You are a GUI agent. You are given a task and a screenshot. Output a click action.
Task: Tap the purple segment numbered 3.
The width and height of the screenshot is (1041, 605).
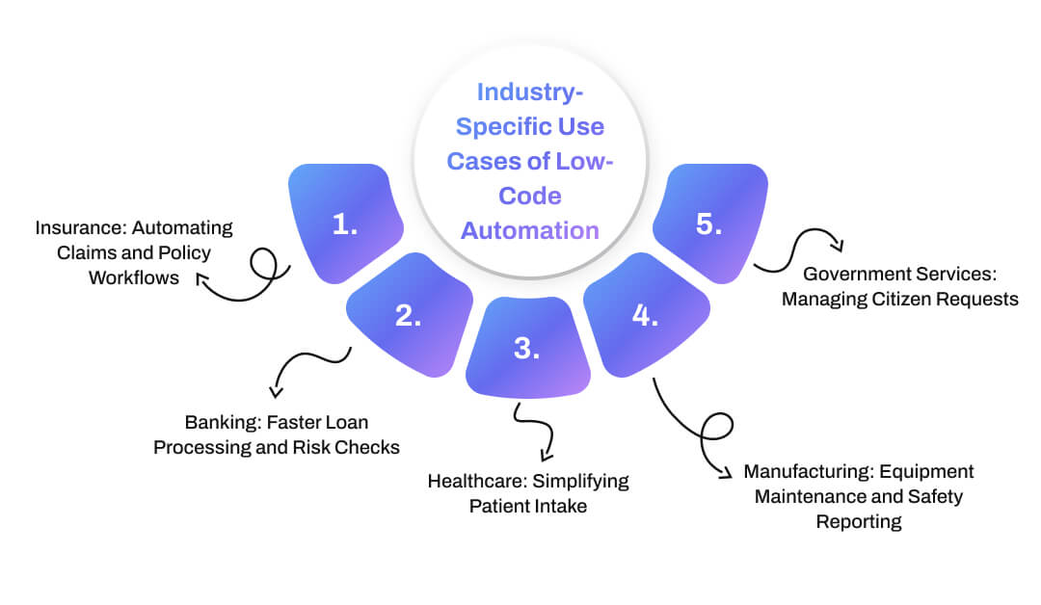click(526, 349)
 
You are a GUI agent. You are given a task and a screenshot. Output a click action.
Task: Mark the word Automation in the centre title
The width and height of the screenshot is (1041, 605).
click(529, 231)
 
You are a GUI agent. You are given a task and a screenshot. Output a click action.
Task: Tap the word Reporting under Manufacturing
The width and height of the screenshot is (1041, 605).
click(859, 522)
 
